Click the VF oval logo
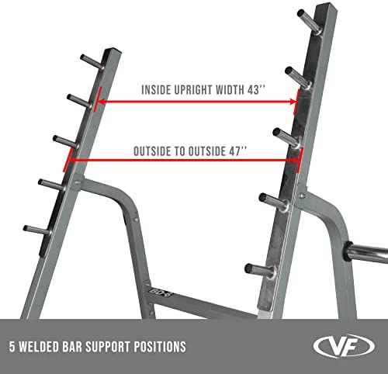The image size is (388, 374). click(344, 346)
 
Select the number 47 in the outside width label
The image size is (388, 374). click(235, 151)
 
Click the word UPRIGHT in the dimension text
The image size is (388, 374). click(193, 90)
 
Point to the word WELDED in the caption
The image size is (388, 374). click(40, 347)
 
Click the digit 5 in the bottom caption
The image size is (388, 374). click(12, 347)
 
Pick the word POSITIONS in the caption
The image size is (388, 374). click(160, 347)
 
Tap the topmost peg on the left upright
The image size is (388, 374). click(92, 62)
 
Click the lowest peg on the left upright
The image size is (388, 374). click(37, 230)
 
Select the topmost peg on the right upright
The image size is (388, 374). click(309, 21)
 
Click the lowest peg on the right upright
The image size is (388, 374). click(261, 271)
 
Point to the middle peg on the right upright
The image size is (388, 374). click(287, 137)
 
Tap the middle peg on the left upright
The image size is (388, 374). click(65, 141)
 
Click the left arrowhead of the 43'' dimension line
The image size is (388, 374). click(102, 102)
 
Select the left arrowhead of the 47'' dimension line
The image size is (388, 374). click(73, 161)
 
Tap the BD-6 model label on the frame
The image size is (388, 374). click(161, 292)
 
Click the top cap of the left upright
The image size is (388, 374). click(113, 50)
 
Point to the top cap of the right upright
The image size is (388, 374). click(327, 6)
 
